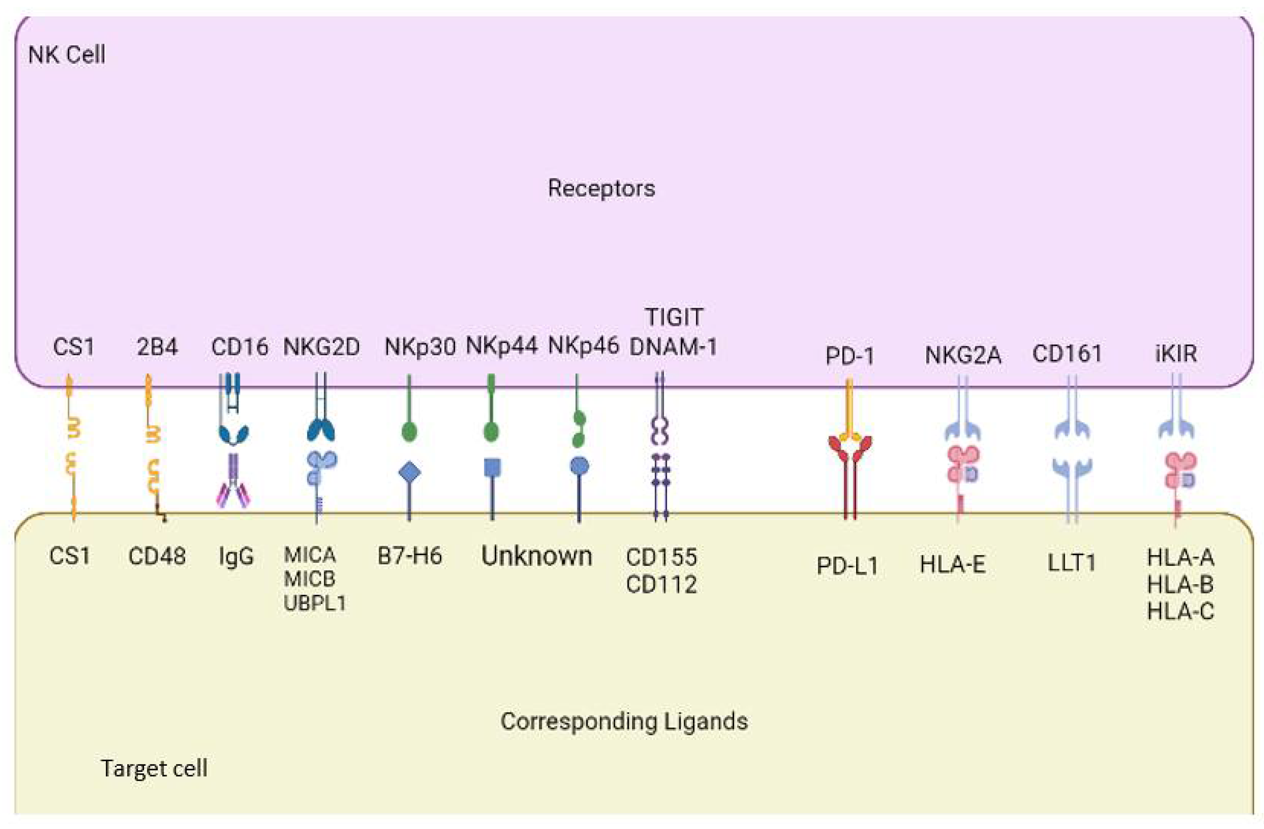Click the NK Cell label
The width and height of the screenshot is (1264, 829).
pos(66,55)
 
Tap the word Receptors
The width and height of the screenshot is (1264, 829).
pos(601,189)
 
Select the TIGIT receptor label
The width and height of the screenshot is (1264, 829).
pos(674,317)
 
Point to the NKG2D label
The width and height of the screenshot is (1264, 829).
pos(321,347)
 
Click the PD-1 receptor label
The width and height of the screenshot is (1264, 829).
pos(849,356)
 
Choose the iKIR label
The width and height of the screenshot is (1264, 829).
pos(1176,353)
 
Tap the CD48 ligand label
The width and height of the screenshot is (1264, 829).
pos(157,556)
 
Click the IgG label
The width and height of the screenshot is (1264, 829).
pos(236,556)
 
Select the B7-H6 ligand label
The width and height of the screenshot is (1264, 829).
pos(410,556)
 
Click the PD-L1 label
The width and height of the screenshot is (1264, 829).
pos(847,567)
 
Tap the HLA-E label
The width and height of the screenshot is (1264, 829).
pos(953,565)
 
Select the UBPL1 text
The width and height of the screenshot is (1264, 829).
pos(314,604)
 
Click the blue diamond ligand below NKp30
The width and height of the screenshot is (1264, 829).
pos(410,472)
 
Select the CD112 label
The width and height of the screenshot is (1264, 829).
pos(661,585)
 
